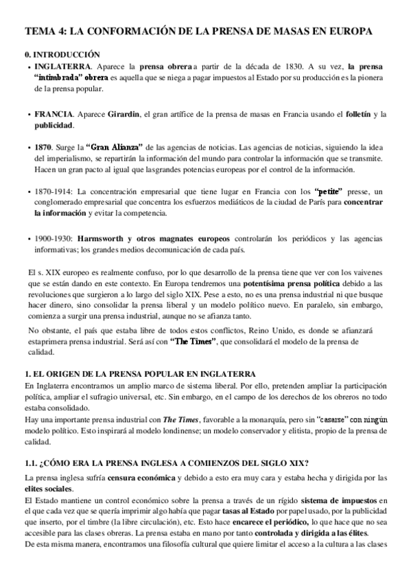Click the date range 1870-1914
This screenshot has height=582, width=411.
[52, 192]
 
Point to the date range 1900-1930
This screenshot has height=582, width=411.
[52, 237]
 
